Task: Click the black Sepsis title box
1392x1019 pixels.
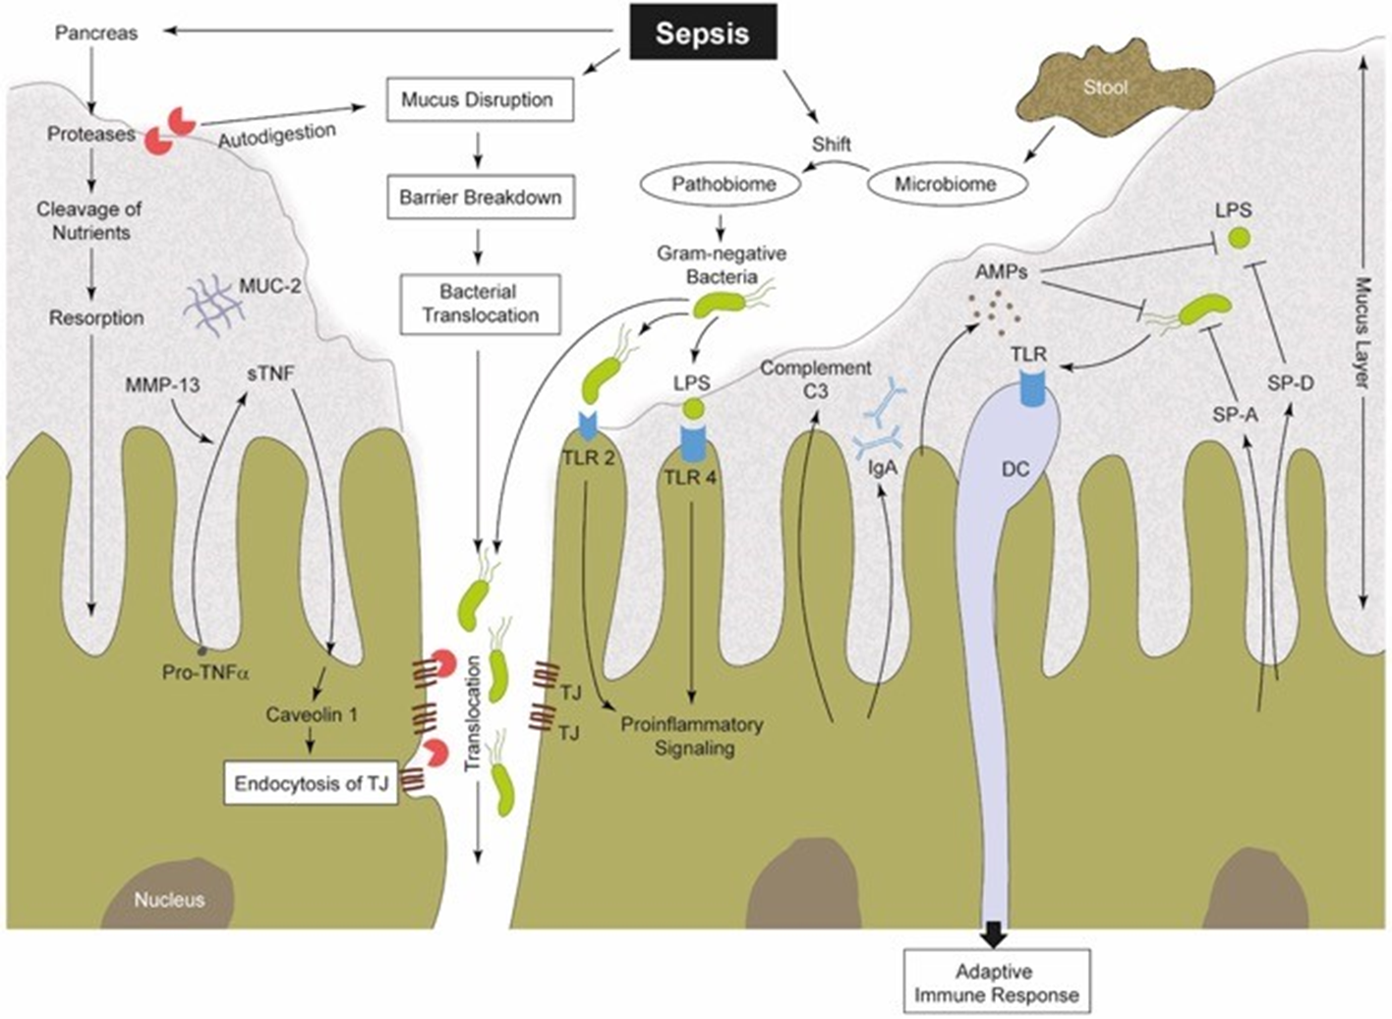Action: [x=702, y=33]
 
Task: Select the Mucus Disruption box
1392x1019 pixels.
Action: [x=479, y=99]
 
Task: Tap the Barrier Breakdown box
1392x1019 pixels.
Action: [x=480, y=197]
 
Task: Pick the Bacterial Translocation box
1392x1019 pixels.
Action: [x=480, y=304]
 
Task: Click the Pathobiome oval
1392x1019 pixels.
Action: [x=724, y=184]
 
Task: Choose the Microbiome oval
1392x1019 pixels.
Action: [x=945, y=184]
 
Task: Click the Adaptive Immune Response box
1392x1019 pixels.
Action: [x=996, y=983]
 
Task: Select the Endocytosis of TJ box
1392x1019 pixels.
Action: [x=312, y=784]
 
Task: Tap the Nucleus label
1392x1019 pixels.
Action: [x=170, y=899]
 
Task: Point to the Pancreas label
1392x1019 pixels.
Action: [x=95, y=32]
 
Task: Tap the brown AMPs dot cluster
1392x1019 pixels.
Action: [x=993, y=311]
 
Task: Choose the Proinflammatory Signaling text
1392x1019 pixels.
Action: [x=691, y=736]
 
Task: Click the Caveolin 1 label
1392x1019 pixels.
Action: [x=312, y=714]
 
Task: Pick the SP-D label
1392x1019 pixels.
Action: [x=1290, y=383]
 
